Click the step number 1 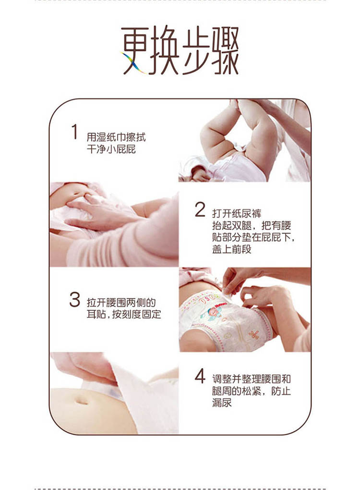[74, 132]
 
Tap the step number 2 [200, 210]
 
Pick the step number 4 [200, 376]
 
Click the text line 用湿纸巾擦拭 [115, 137]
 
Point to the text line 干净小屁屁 [111, 149]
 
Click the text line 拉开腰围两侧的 [121, 303]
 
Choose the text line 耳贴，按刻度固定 [124, 315]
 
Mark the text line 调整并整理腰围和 [251, 379]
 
